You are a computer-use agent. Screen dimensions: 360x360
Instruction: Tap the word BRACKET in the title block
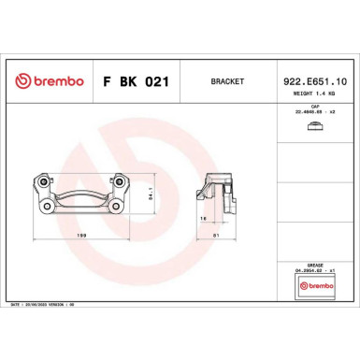(x=228, y=82)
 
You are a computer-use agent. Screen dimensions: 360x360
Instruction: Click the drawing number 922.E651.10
(x=314, y=81)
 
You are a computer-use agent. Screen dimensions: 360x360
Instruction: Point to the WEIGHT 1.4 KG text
(x=314, y=94)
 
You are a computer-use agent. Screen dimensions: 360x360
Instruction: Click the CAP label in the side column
(x=315, y=108)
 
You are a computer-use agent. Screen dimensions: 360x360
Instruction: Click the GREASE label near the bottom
(x=315, y=266)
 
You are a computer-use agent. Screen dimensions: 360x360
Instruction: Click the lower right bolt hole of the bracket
(x=118, y=207)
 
